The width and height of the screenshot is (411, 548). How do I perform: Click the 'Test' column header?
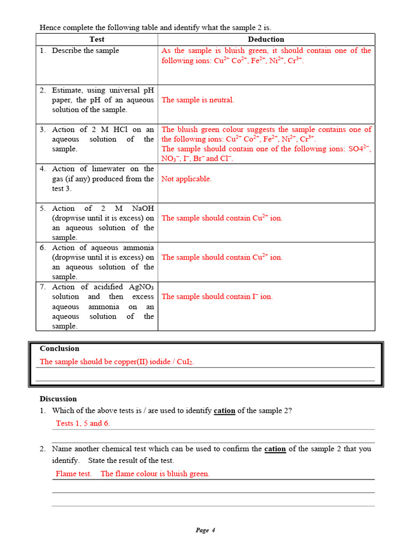(x=97, y=39)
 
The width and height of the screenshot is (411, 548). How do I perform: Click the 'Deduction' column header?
(x=266, y=39)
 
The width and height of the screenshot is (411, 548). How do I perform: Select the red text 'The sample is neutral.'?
(x=197, y=100)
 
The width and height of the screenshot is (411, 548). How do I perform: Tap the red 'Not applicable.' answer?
(x=186, y=179)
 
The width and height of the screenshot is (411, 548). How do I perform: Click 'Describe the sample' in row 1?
(x=85, y=50)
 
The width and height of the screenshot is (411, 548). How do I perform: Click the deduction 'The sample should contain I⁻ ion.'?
(x=217, y=296)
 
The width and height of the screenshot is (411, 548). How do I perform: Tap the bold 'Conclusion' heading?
(x=59, y=348)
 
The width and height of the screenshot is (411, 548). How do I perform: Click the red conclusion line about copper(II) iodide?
(x=117, y=362)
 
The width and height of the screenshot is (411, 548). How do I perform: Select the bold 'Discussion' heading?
(x=58, y=399)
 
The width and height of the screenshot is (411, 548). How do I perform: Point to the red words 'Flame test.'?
(x=74, y=474)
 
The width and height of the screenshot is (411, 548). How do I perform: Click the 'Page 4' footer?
(x=205, y=530)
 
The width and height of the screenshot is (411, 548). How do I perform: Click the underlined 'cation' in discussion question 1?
(x=224, y=411)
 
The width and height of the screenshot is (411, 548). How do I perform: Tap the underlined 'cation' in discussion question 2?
(x=275, y=449)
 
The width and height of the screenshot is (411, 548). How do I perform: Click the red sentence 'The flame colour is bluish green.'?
(x=155, y=474)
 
